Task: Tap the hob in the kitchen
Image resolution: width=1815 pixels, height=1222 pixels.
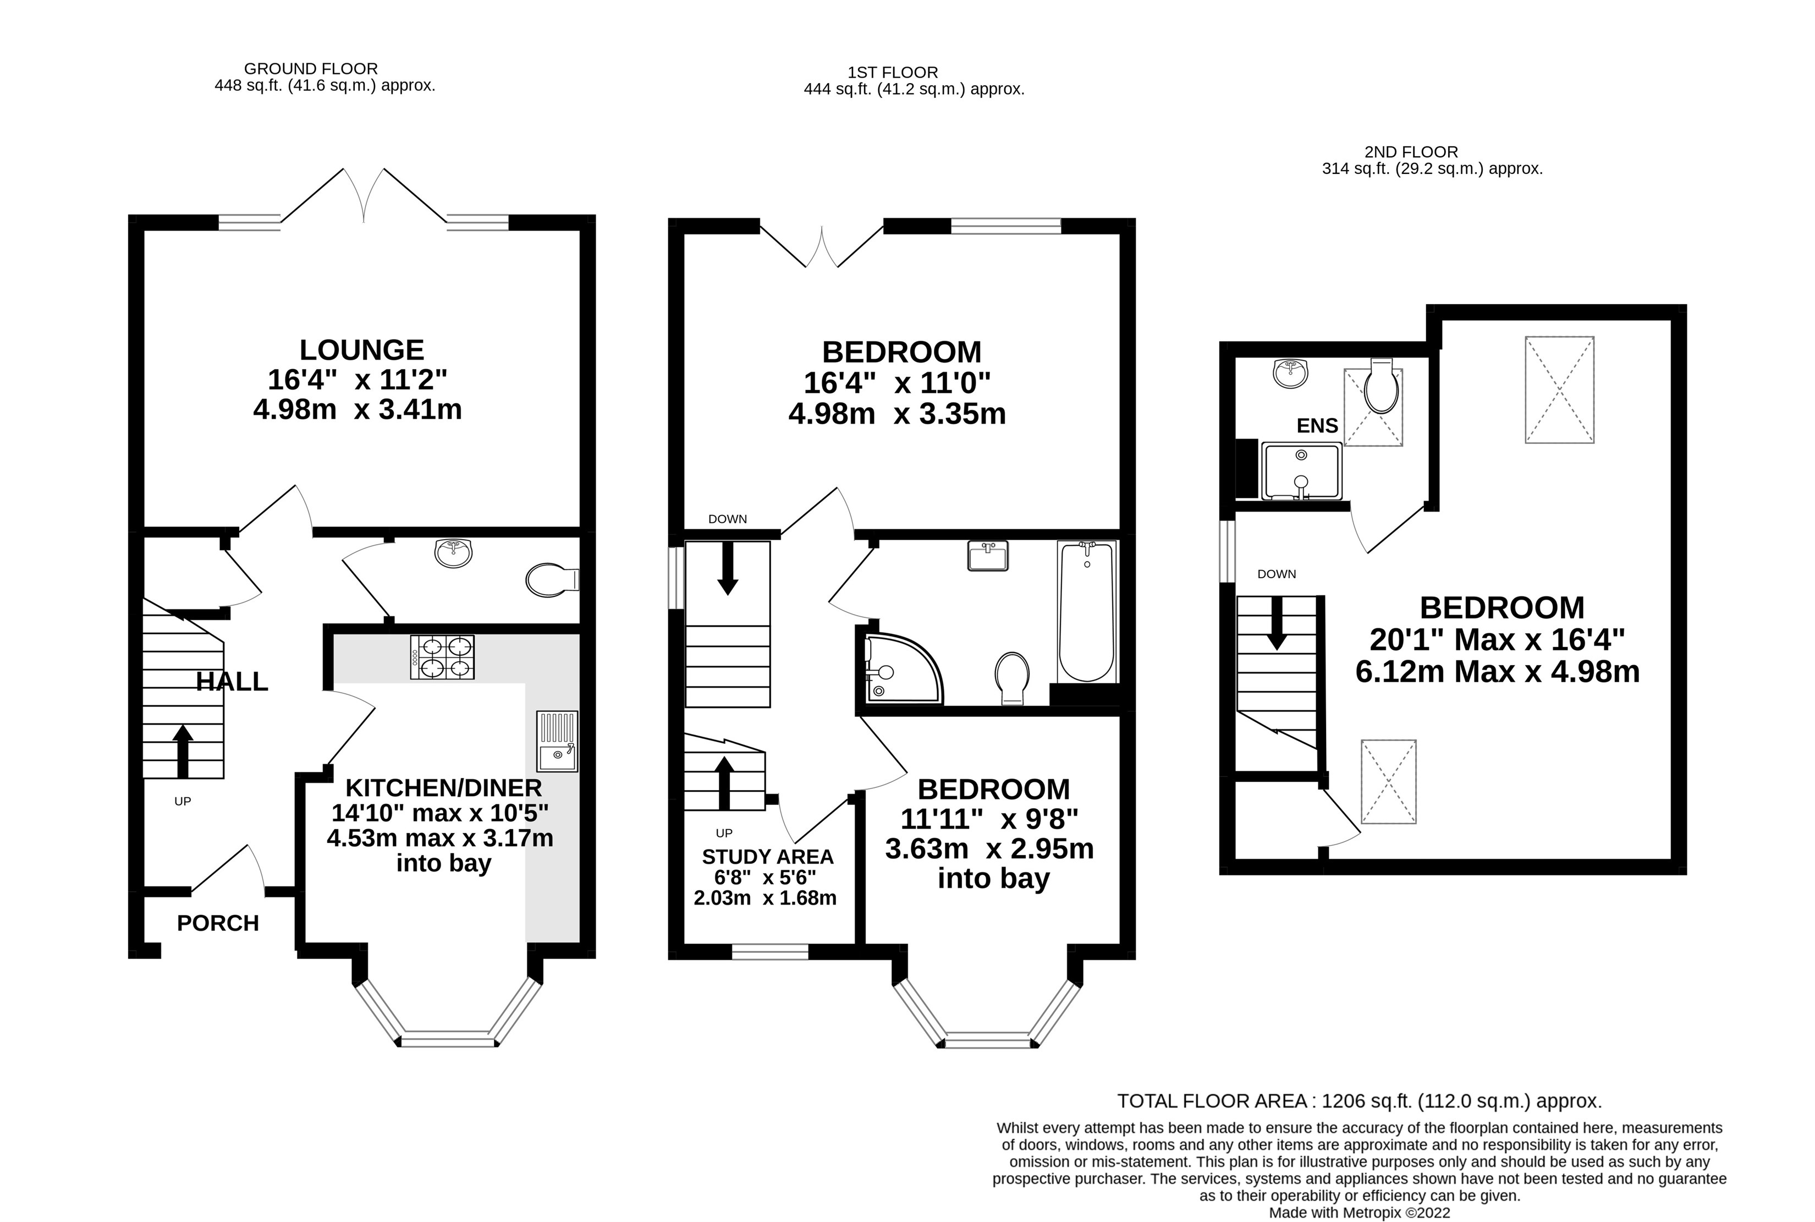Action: pyautogui.click(x=442, y=657)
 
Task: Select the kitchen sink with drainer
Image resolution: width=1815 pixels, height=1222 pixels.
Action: pyautogui.click(x=557, y=741)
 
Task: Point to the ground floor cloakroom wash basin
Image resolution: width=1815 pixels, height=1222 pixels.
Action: pyautogui.click(x=453, y=554)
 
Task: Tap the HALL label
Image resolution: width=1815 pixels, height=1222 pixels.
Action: pyautogui.click(x=232, y=682)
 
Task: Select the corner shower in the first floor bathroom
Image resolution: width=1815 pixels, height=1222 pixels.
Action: pyautogui.click(x=904, y=668)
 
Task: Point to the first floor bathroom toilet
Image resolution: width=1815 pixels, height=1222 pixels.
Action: pyautogui.click(x=1012, y=678)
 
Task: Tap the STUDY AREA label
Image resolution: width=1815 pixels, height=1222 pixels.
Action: pyautogui.click(x=767, y=857)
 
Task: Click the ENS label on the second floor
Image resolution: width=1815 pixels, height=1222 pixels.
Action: pyautogui.click(x=1317, y=425)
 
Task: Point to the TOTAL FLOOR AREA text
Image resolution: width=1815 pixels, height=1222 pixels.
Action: pyautogui.click(x=1359, y=1101)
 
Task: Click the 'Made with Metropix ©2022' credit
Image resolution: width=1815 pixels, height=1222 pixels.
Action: pyautogui.click(x=1359, y=1213)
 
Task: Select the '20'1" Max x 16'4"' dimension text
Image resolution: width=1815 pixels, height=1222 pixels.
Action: pyautogui.click(x=1497, y=640)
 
